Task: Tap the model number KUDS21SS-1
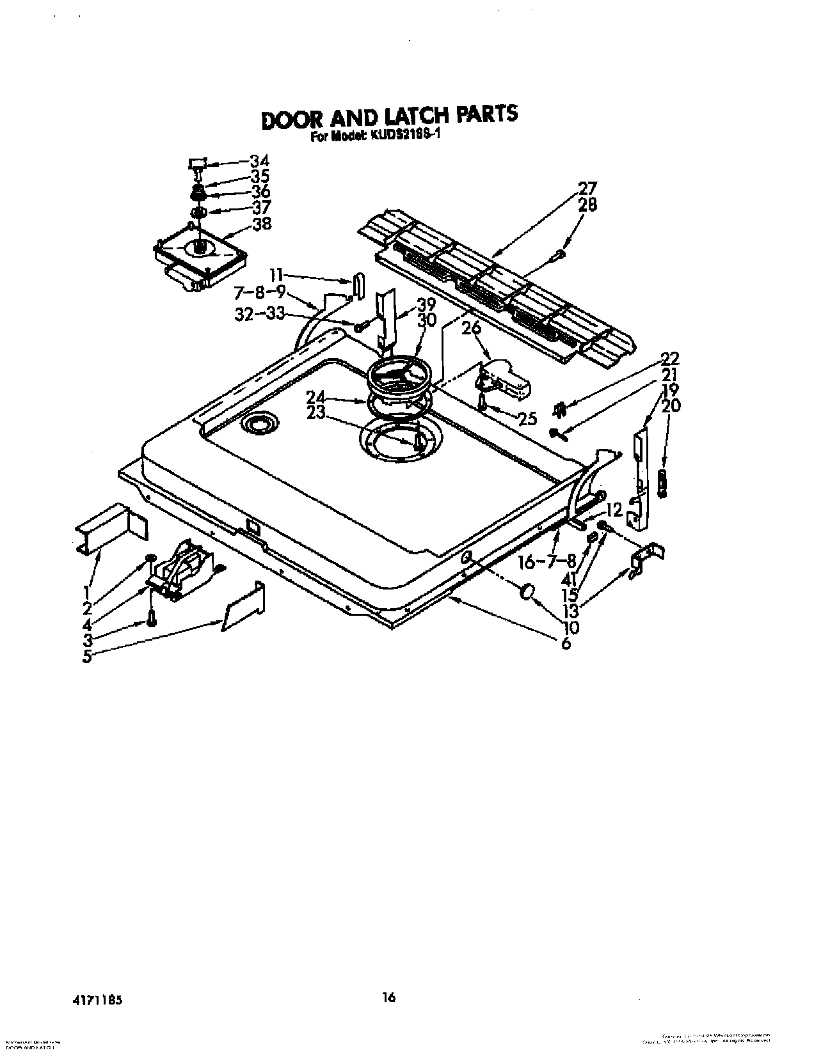pos(401,136)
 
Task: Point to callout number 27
pos(587,189)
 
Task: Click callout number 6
pos(566,643)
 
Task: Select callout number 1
pos(88,591)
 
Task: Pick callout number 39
pos(426,305)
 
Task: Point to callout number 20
pos(671,405)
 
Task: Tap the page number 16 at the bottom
pos(388,997)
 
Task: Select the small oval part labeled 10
pos(528,591)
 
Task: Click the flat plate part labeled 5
pos(244,607)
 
